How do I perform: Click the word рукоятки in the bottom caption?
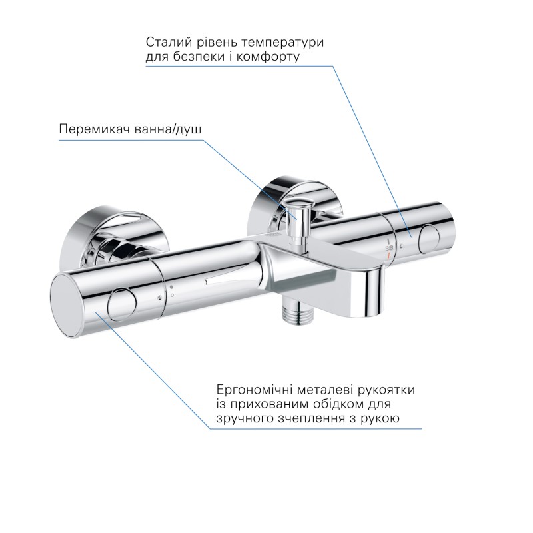[x=394, y=390]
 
